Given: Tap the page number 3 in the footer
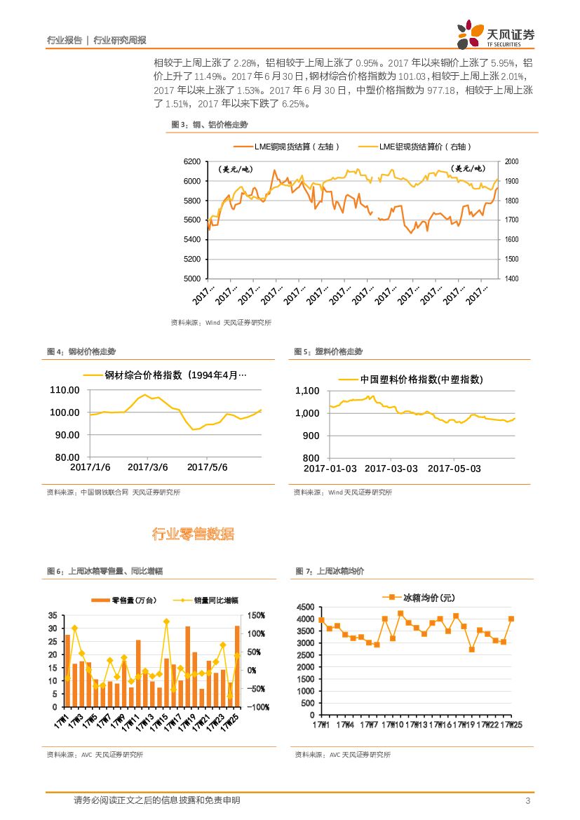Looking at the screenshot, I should coord(527,801).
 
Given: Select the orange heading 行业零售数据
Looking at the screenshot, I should coord(193,535).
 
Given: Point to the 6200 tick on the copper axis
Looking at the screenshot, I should coord(191,161).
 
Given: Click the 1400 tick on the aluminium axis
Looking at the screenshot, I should coord(512,278).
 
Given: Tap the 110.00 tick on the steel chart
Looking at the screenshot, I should coord(65,390).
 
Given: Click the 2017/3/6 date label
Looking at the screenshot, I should coord(148,466).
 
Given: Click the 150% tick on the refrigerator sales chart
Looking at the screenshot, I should coord(255,616).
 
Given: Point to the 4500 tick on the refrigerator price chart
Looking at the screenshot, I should coord(306,607).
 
